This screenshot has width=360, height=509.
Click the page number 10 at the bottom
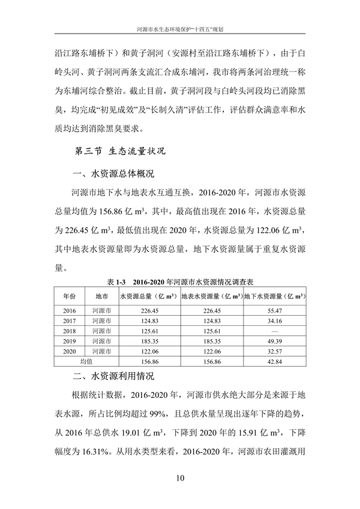click(x=180, y=478)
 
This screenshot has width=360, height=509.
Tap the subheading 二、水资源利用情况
click(x=112, y=377)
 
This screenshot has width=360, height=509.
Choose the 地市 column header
click(x=101, y=296)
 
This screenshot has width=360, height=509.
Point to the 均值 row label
click(x=86, y=362)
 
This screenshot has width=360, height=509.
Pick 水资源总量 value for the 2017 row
click(x=149, y=321)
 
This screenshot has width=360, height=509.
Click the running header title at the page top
click(x=180, y=28)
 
